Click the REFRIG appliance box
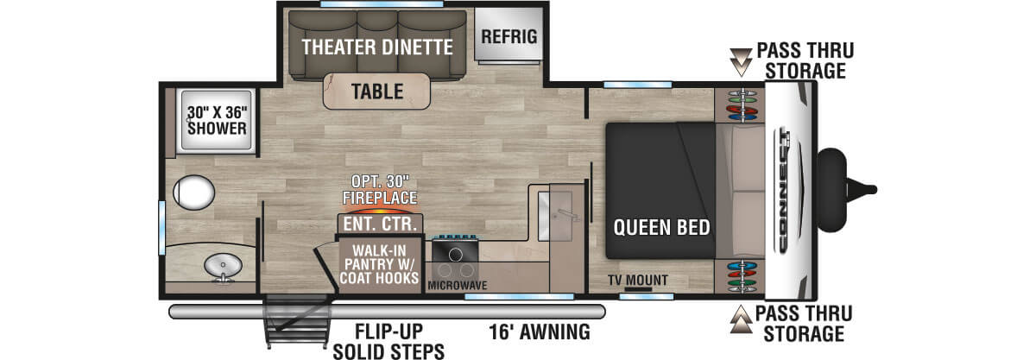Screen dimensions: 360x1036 click(x=509, y=36)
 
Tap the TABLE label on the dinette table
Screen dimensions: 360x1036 click(x=378, y=91)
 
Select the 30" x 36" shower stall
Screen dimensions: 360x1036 click(x=216, y=121)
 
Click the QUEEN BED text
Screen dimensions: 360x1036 click(x=661, y=228)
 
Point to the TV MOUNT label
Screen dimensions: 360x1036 click(x=639, y=281)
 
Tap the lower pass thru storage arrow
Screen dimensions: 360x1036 click(x=741, y=321)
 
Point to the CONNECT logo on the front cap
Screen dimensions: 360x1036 click(x=788, y=190)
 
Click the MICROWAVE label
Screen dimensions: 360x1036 click(x=458, y=285)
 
